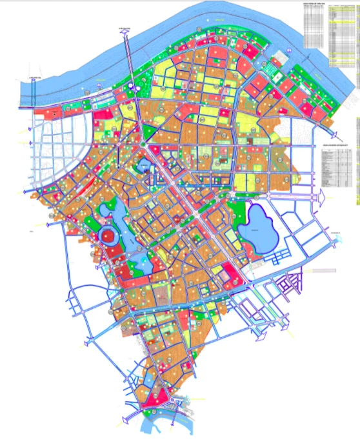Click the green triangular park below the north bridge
150,132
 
